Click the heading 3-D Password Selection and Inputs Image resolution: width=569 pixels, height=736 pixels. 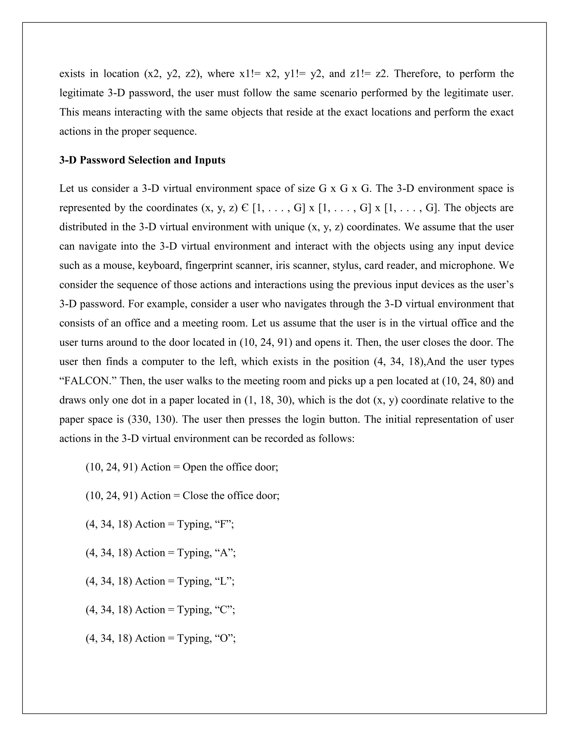[x=142, y=160]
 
